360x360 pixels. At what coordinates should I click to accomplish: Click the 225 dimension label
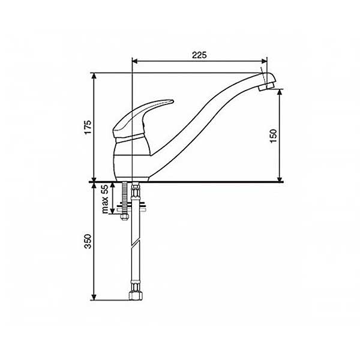click(199, 55)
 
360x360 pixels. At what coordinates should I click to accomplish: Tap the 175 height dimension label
click(88, 127)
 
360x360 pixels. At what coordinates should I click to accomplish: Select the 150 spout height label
click(274, 136)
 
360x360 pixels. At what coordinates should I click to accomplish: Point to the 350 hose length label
click(88, 241)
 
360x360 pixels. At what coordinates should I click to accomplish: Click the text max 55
click(104, 199)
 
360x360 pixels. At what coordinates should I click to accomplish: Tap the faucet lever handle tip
click(172, 101)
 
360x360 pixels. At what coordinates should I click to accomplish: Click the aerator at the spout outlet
click(266, 87)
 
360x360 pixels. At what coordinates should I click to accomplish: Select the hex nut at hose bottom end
click(136, 295)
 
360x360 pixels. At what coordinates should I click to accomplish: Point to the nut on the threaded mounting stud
click(124, 217)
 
